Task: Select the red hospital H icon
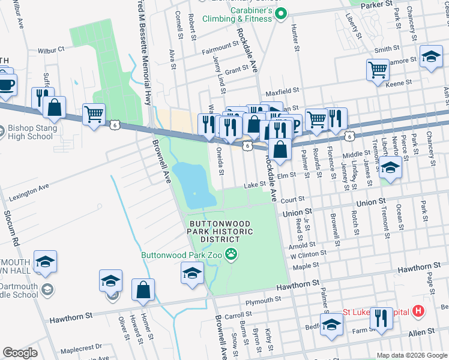click(418, 311)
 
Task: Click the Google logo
click(20, 353)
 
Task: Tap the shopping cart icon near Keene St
click(378, 70)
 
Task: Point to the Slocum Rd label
click(13, 227)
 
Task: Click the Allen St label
click(421, 332)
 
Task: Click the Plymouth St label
click(259, 301)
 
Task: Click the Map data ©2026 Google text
click(411, 355)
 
